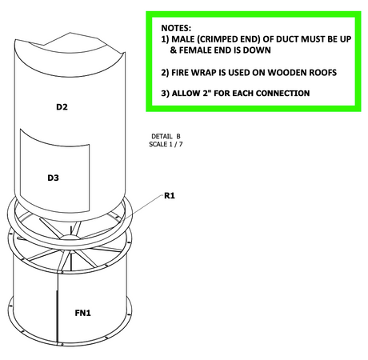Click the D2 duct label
click(62, 107)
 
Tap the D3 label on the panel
click(53, 178)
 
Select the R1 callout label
click(170, 196)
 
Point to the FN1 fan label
click(82, 313)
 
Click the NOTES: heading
click(176, 28)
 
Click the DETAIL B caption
click(166, 136)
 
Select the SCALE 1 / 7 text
click(166, 144)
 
